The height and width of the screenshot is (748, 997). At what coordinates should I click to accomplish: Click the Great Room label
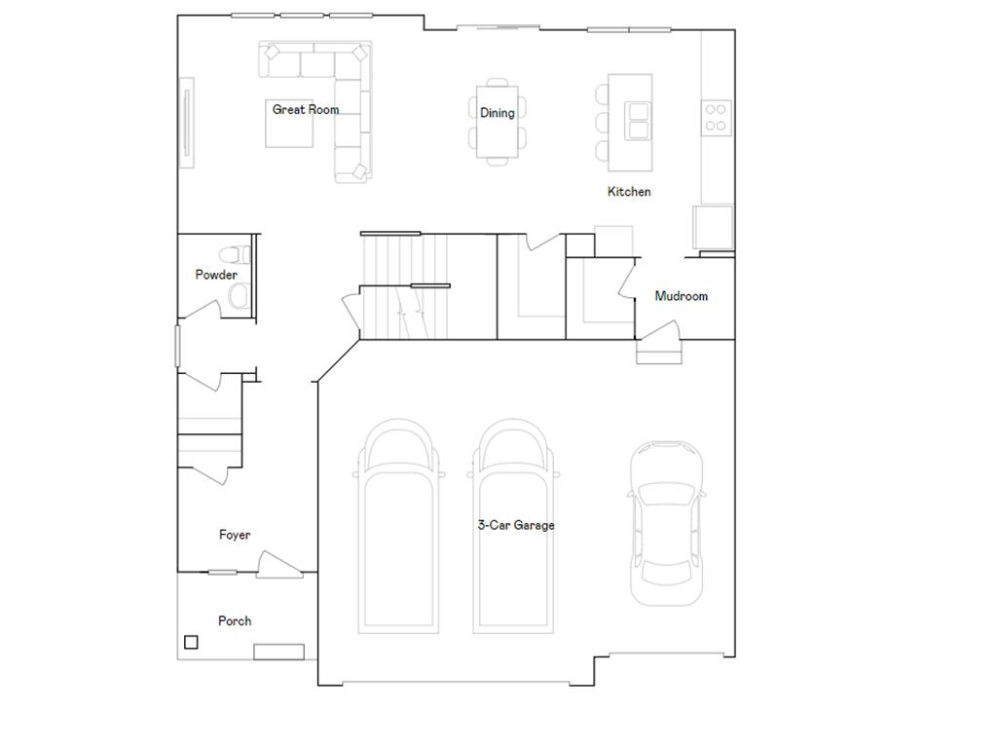tap(306, 110)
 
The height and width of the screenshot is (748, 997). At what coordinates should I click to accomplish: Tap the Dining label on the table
tap(498, 113)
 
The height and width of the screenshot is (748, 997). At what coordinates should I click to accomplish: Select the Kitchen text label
tap(629, 192)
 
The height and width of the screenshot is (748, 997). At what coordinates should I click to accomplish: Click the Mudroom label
tap(681, 296)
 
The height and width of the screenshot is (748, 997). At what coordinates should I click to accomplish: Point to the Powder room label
tap(216, 275)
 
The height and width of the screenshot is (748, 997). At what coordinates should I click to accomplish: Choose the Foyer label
tap(235, 535)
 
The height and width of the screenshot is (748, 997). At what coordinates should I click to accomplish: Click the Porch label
tap(235, 620)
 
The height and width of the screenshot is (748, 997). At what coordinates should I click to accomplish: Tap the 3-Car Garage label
tap(516, 525)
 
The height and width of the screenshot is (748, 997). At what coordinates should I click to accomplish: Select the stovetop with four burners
tap(717, 117)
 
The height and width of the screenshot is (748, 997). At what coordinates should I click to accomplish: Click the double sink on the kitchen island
tap(639, 121)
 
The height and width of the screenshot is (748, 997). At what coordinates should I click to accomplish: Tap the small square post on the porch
tap(191, 642)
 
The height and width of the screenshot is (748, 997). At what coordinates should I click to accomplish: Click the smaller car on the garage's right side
tap(666, 523)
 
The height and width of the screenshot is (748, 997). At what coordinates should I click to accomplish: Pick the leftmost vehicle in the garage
tap(401, 526)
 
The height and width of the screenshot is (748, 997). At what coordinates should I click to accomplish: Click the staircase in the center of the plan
tap(404, 287)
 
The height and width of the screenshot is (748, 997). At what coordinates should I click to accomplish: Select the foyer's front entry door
tap(278, 565)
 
